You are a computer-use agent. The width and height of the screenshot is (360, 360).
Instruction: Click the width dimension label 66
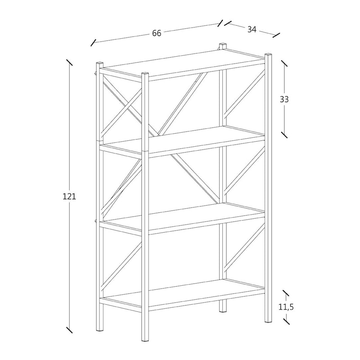pos(157,33)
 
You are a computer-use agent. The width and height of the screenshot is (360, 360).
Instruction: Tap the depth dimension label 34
pos(252,29)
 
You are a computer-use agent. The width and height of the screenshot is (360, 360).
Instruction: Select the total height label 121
pos(69,197)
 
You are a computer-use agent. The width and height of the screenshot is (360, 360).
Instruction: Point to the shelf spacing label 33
pos(284,99)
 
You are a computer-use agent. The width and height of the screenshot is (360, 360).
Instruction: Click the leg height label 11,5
pos(286,307)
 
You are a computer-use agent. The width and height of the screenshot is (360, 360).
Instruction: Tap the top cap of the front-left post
pos(145,74)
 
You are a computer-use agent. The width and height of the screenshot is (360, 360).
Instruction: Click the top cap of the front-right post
pos(268,55)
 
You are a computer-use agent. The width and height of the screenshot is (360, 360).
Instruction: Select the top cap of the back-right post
pos(223,44)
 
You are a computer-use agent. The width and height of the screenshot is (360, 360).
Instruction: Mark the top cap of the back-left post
pos(99,63)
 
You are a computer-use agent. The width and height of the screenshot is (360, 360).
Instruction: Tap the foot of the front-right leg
pos(268,320)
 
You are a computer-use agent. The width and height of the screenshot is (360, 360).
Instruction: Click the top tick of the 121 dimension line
pos(69,63)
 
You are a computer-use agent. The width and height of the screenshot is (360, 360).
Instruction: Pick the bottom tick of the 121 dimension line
pos(69,330)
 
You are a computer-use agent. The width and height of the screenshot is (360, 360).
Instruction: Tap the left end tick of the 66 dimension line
pos(93,43)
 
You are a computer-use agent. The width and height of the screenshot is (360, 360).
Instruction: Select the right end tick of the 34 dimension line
pos(277,36)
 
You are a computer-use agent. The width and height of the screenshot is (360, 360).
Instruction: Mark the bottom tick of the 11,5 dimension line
pos(286,321)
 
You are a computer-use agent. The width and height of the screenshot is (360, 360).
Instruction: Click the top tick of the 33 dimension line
pos(284,63)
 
